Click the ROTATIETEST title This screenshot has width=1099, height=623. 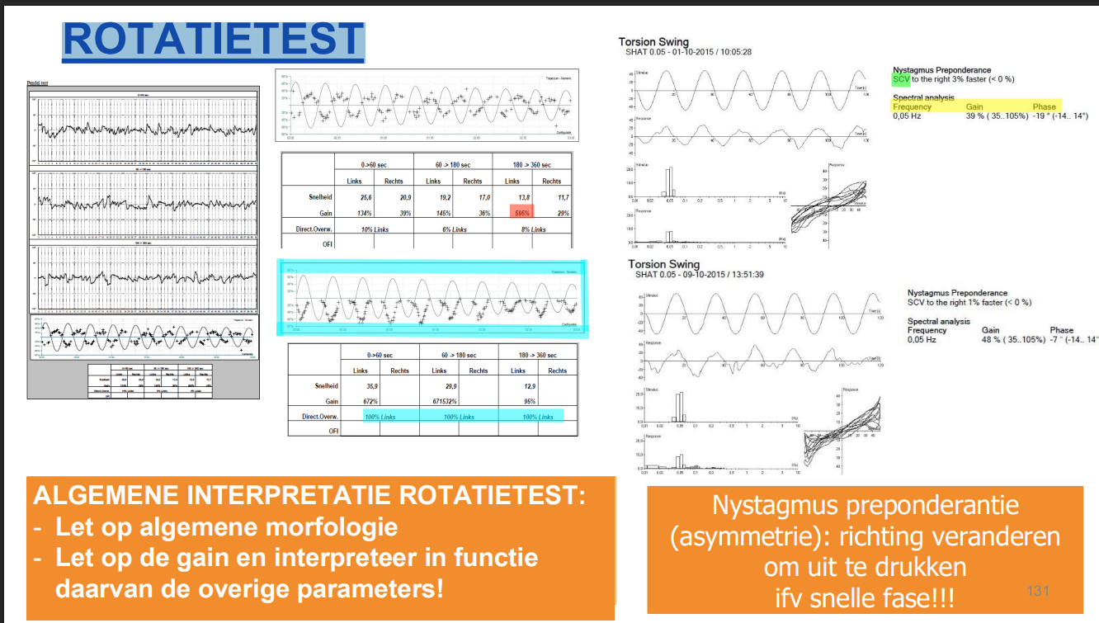213,39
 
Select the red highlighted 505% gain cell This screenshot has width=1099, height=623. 521,214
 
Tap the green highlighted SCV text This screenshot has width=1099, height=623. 901,79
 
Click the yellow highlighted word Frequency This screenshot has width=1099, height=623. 912,106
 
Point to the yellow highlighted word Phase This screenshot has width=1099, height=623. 1044,106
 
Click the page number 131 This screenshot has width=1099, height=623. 1037,591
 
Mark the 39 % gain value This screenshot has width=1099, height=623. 977,116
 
